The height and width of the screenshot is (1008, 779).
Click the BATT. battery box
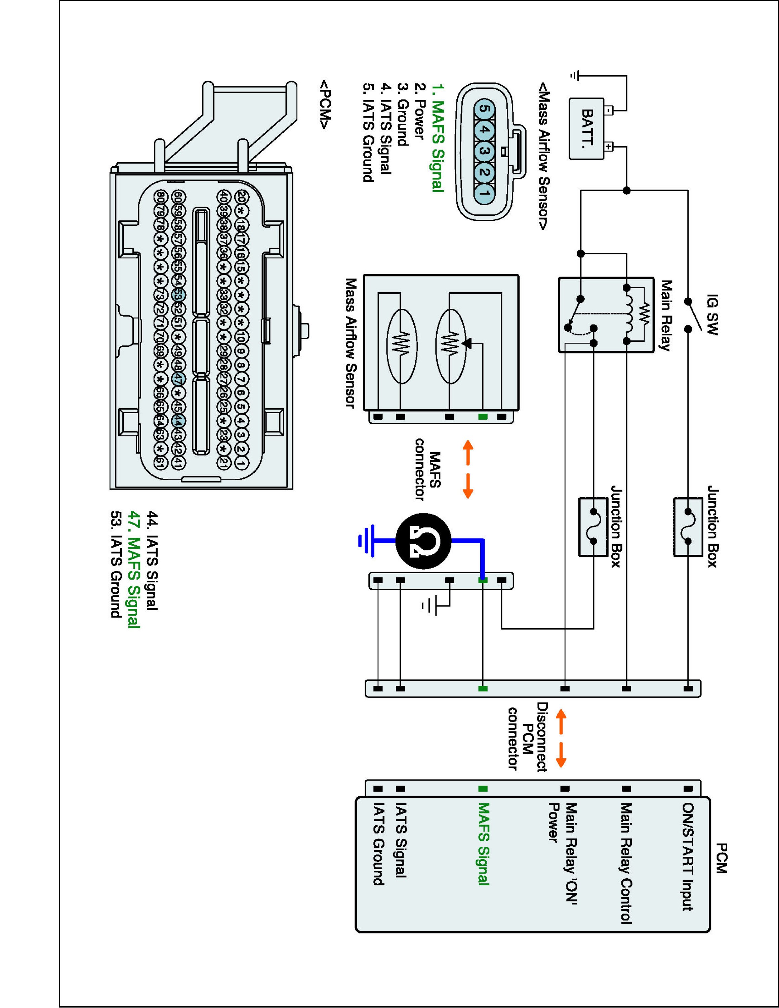click(586, 129)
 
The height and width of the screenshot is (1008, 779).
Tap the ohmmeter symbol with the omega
click(423, 541)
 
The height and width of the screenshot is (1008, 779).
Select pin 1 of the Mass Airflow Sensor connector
click(484, 193)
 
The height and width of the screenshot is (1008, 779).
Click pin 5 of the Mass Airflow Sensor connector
click(484, 109)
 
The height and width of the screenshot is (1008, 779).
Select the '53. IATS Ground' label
click(115, 564)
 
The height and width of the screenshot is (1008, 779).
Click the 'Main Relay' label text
click(666, 316)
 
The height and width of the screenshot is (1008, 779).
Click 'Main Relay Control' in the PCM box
click(625, 863)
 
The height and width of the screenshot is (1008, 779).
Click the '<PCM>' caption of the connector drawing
click(324, 105)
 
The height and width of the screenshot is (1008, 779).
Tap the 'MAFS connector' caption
click(428, 469)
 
